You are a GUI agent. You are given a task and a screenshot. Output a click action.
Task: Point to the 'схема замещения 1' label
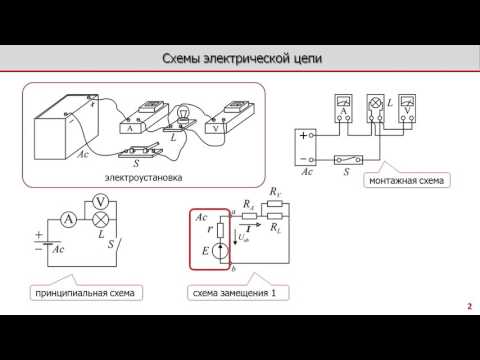pos(233,293)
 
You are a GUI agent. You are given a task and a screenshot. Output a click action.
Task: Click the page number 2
pos(469,306)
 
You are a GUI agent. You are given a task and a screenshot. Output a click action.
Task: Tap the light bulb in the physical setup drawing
pos(184,115)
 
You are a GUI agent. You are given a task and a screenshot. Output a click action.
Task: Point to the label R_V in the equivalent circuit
pos(277,190)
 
